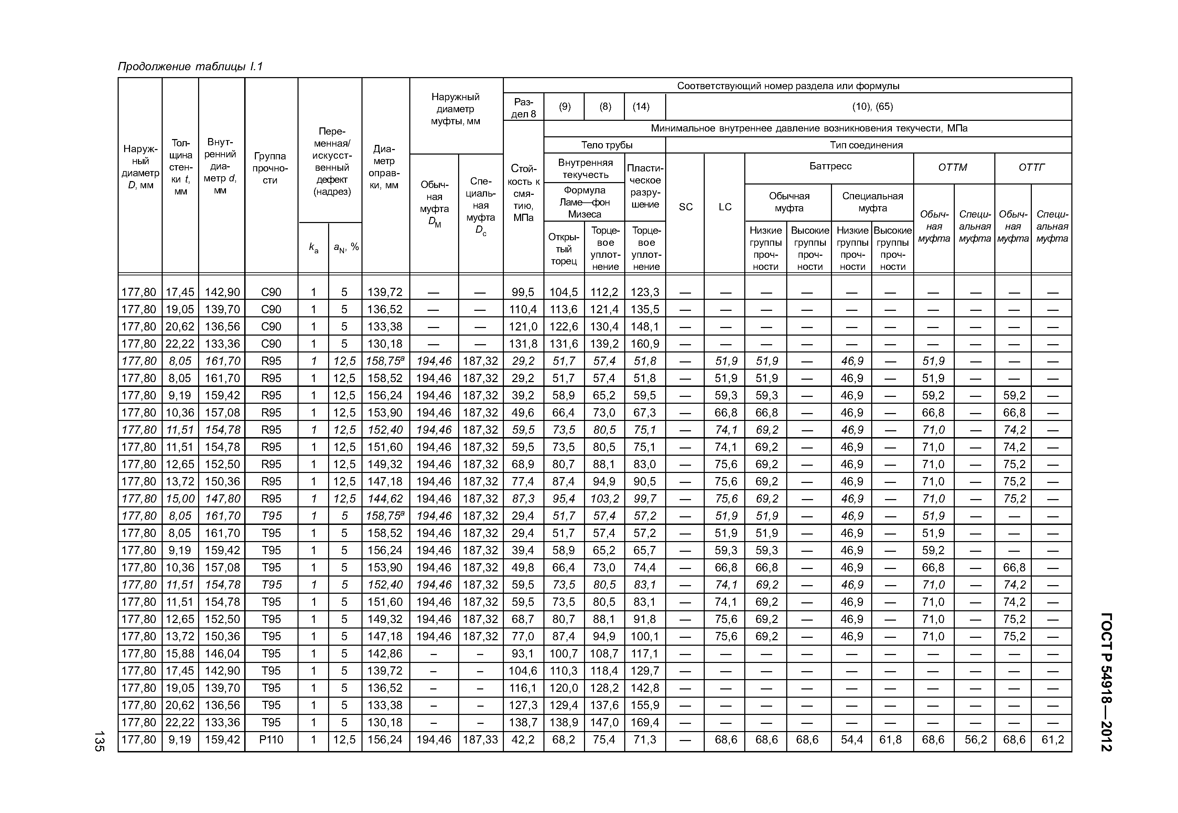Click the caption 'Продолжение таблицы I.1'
[x=190, y=67]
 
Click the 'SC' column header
[x=685, y=207]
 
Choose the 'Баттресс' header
[x=830, y=166]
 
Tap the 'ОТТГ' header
[x=1031, y=168]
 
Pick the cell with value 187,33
[x=480, y=740]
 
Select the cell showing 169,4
[x=645, y=722]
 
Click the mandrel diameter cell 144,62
[x=385, y=499]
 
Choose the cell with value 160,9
[x=645, y=344]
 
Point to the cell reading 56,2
[x=975, y=740]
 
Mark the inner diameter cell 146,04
[x=222, y=654]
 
